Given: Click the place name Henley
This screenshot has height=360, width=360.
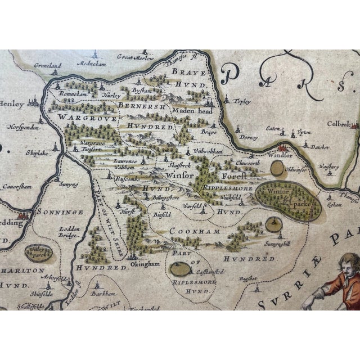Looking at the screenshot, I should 12,105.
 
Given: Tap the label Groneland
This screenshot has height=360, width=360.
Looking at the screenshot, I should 47,65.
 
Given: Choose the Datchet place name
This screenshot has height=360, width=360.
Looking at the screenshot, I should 320,147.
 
